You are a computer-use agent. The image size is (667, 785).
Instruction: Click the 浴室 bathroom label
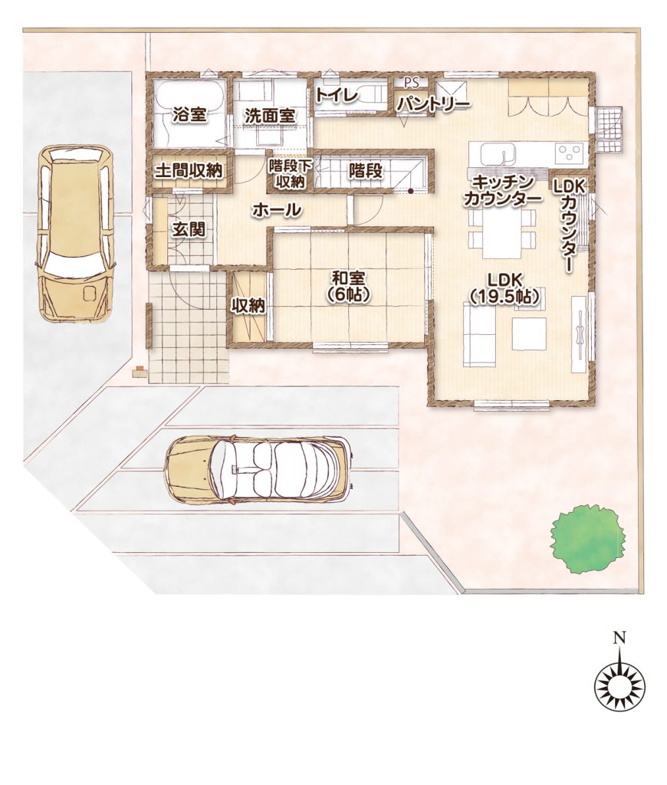pos(189,115)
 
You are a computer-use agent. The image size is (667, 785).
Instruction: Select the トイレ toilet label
pos(337,95)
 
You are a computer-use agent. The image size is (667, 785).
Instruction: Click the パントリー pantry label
pos(433,104)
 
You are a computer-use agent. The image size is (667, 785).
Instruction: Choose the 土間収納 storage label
pos(188,171)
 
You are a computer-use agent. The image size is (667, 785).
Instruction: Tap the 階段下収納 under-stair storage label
pos(291,173)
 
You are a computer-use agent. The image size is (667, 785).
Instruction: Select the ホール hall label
pos(277,210)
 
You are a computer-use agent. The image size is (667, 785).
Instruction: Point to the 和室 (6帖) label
pos(348,286)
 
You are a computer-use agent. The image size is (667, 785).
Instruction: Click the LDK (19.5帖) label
pos(504,287)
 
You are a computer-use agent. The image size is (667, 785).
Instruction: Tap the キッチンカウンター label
pos(503,191)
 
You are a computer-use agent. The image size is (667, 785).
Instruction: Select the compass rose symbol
pos(620,684)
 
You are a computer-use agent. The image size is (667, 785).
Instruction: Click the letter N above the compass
pos(620,637)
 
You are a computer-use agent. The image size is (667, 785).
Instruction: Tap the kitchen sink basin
pos(498,153)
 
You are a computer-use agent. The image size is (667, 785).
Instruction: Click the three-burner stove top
pos(570,152)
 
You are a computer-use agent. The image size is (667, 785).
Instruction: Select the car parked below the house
pos(259,469)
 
